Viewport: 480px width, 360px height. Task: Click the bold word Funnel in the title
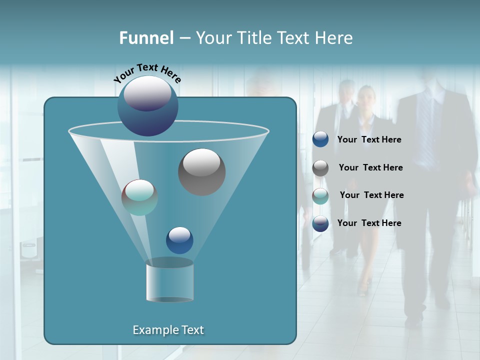(x=146, y=38)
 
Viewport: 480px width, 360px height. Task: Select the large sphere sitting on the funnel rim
(x=147, y=106)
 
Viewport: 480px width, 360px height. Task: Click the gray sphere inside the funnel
(x=201, y=171)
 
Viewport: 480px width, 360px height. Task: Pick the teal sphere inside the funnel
(x=139, y=197)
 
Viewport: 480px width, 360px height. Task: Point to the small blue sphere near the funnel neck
(x=179, y=240)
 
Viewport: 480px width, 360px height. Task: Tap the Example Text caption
(x=168, y=330)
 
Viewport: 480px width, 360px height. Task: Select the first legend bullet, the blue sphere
(x=320, y=139)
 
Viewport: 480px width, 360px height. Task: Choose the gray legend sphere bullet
(x=320, y=167)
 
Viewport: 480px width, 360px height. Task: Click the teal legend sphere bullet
(x=320, y=195)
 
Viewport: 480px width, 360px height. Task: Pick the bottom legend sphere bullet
(x=320, y=223)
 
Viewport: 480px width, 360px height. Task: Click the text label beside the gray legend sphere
(x=370, y=167)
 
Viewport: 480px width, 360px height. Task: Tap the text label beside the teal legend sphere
(x=371, y=195)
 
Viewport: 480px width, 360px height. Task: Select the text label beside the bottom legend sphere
(x=369, y=223)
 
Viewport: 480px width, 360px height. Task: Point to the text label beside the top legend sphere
(x=369, y=140)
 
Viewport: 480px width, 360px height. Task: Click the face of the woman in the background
(x=366, y=96)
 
